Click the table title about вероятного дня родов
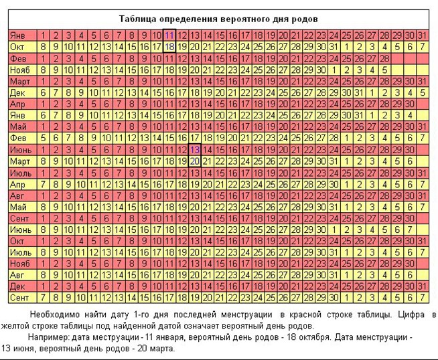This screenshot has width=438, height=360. (x=218, y=19)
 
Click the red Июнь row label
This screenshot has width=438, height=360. (x=20, y=149)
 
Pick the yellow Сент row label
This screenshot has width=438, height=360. (x=20, y=297)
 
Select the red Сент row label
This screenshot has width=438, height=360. (x=20, y=217)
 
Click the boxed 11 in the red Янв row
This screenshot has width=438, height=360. (x=169, y=35)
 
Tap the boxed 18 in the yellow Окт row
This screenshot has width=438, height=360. (x=169, y=47)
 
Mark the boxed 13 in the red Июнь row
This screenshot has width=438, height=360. (x=194, y=149)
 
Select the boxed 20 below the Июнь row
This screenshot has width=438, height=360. (x=194, y=161)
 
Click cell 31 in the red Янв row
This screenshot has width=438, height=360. (x=422, y=35)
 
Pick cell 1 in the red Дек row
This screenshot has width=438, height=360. (x=43, y=286)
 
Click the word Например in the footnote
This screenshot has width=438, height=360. (x=50, y=337)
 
